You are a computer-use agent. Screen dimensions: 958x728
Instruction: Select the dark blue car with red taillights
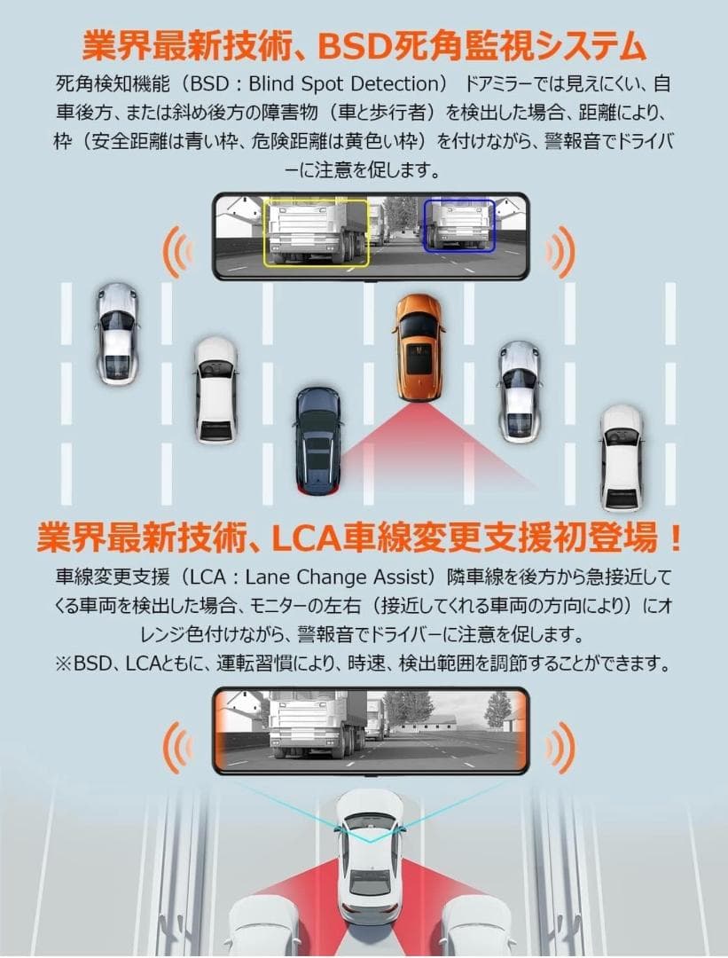(317, 438)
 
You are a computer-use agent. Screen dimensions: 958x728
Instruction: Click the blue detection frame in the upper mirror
(458, 225)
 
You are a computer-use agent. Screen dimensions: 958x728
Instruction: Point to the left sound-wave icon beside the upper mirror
(177, 251)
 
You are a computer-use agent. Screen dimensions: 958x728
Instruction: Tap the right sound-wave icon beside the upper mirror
(560, 251)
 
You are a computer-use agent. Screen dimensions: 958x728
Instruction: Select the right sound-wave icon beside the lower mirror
(560, 743)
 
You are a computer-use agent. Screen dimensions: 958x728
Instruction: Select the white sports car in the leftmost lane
(117, 333)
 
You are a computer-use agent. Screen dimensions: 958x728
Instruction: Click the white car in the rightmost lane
(621, 457)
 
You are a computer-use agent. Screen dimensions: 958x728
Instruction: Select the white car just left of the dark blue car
(215, 388)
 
